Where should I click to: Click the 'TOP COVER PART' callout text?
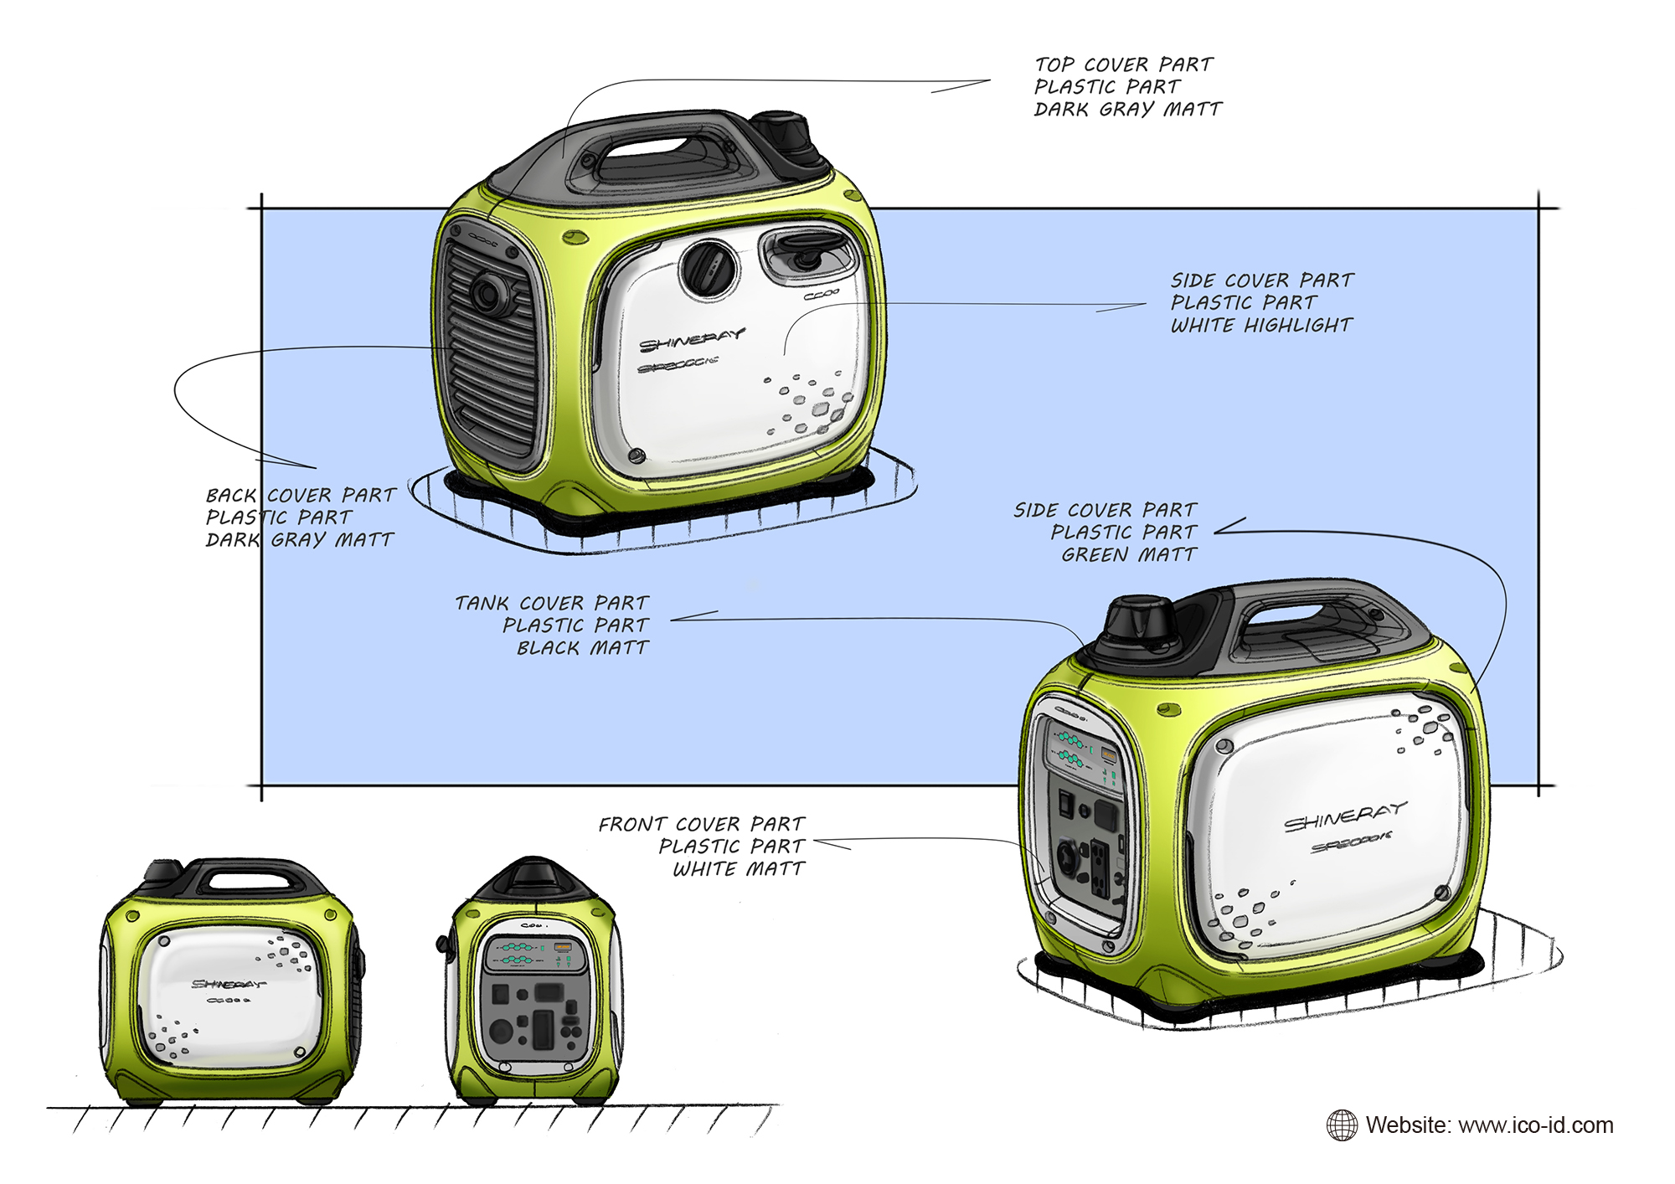point(1123,64)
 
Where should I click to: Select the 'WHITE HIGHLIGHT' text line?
point(1261,325)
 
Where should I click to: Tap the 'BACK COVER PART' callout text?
point(301,495)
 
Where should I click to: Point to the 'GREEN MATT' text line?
point(1129,554)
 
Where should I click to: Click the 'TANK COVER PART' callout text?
point(551,603)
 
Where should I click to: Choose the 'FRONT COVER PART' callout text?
point(701,824)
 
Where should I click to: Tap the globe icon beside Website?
point(1342,1125)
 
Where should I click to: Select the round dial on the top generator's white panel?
point(709,267)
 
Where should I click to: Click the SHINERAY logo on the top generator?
point(692,341)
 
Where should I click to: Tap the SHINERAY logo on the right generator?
point(1345,817)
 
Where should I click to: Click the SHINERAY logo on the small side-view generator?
point(228,984)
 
